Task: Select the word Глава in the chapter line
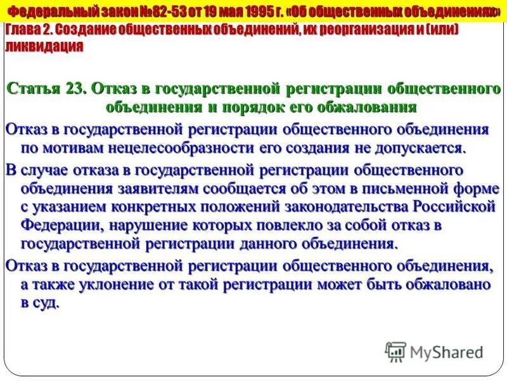pos(23,31)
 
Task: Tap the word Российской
pos(454,207)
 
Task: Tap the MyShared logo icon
pos(395,351)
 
